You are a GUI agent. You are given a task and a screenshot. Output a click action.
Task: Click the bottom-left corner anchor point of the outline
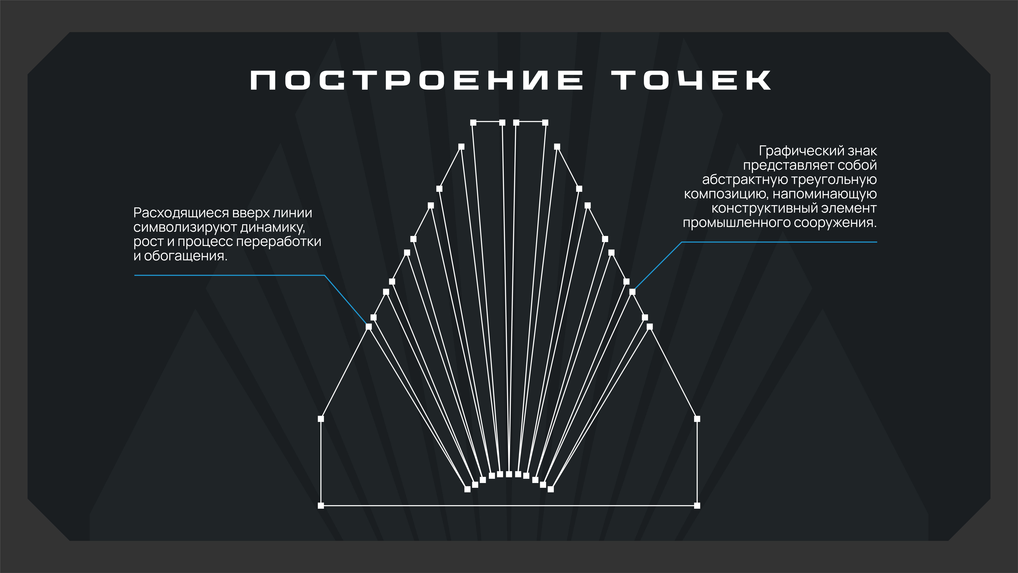(321, 505)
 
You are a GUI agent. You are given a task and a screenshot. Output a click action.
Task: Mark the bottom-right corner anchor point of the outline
(697, 505)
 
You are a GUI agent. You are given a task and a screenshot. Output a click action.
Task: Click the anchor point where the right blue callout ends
(632, 292)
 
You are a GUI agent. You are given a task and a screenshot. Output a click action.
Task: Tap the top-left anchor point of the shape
(473, 123)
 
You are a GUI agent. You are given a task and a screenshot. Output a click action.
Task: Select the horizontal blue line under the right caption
(779, 242)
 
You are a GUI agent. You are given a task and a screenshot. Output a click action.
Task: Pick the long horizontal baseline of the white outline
(509, 505)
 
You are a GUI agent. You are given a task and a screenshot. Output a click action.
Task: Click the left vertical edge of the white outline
(321, 462)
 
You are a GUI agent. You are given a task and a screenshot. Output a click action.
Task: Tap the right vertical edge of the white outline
(697, 462)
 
